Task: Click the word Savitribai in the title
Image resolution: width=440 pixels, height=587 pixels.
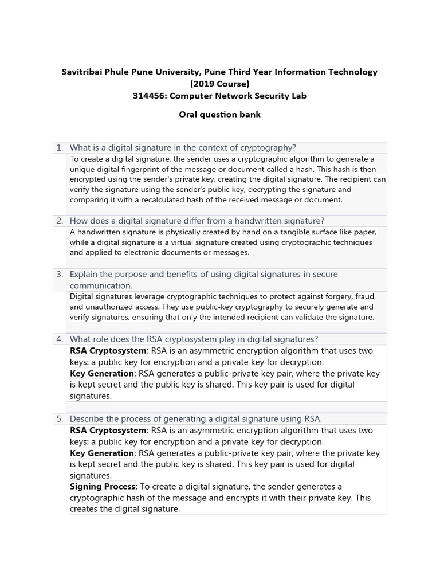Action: [x=82, y=72]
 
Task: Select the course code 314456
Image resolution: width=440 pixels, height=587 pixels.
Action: [x=148, y=96]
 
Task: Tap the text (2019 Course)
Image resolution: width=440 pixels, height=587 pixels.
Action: [x=220, y=84]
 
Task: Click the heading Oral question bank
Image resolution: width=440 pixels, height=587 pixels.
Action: [x=219, y=114]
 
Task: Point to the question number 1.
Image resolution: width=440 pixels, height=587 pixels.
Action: [x=60, y=148]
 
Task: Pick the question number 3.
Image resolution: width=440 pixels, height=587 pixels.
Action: [x=60, y=275]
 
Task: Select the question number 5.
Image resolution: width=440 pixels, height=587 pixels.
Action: [x=60, y=419]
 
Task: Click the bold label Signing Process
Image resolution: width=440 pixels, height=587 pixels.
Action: [x=102, y=487]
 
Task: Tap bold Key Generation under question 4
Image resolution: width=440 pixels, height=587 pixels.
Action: [x=102, y=374]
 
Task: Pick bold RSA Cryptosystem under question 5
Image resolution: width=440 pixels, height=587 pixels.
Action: [x=108, y=431]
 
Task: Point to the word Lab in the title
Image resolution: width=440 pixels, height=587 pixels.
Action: [x=298, y=96]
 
